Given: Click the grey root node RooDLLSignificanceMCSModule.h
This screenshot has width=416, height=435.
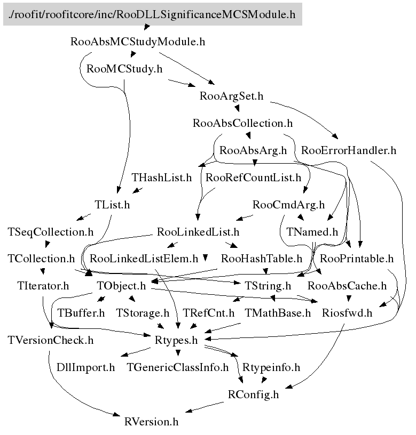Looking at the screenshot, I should (x=152, y=14).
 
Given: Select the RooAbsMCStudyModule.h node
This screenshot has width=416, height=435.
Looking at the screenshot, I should (x=138, y=42).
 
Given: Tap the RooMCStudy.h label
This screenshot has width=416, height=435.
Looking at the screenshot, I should (x=124, y=69).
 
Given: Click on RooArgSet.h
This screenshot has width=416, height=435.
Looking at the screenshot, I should (x=231, y=96).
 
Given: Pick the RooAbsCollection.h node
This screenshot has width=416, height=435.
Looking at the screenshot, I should (x=242, y=123).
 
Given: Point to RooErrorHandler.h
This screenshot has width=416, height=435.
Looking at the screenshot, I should (x=349, y=150).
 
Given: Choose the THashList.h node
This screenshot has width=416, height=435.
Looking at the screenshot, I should (x=161, y=178).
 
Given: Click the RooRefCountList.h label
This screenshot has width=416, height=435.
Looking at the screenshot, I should (x=253, y=178).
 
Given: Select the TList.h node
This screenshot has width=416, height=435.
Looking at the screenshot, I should (x=112, y=205).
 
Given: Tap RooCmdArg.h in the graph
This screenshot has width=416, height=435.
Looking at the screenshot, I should (x=288, y=205).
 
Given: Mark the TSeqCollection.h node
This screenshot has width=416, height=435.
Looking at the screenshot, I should (x=51, y=232).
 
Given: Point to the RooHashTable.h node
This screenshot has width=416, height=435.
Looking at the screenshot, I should (x=262, y=259).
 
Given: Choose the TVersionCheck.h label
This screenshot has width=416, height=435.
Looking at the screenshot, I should (x=51, y=340).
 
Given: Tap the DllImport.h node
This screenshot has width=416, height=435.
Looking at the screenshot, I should (x=85, y=367).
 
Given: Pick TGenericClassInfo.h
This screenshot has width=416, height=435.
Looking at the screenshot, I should (x=177, y=367).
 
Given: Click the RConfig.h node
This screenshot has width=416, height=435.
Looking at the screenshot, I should (x=253, y=394).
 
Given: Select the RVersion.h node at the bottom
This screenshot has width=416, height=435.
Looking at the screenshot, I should (x=151, y=422).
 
